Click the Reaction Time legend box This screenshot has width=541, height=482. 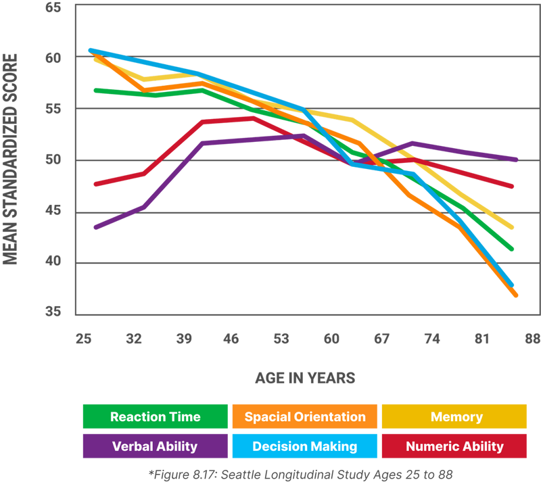(156, 416)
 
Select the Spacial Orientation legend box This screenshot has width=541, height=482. (304, 416)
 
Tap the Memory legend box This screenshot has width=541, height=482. (454, 416)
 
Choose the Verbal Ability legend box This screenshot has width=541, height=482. (156, 446)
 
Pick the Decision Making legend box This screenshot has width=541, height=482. (304, 446)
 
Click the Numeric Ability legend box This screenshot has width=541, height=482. (454, 446)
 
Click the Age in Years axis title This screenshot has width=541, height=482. (305, 377)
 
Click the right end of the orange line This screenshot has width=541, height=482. (517, 296)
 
